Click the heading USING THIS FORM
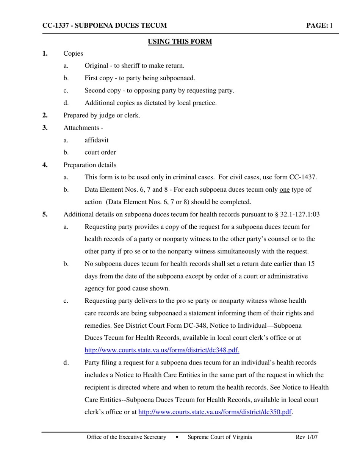tap(180, 42)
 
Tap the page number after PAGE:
tap(331, 26)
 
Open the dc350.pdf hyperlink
tap(215, 412)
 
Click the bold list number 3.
tap(45, 128)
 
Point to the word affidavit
tap(96, 140)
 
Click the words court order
tap(100, 152)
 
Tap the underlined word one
tap(284, 189)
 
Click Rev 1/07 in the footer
tap(307, 437)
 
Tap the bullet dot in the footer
tap(177, 437)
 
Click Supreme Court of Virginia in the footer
tap(219, 437)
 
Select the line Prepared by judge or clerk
tap(102, 116)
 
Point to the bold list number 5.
tap(45, 214)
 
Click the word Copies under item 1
tap(73, 53)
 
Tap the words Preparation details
tap(90, 165)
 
